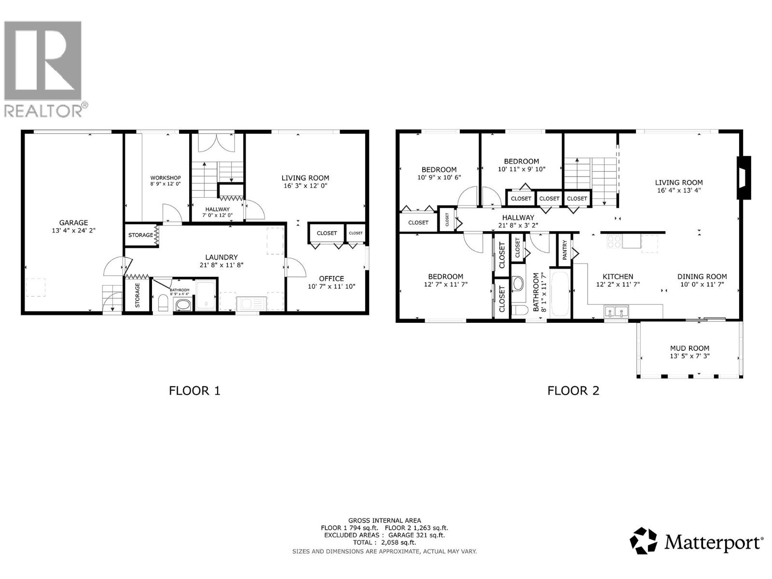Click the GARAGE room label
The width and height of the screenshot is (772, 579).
click(73, 222)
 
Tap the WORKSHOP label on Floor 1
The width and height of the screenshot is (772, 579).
click(165, 178)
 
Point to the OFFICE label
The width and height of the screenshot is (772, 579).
click(331, 278)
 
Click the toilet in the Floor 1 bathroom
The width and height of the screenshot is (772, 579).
click(163, 303)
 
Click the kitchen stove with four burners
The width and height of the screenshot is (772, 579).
click(614, 241)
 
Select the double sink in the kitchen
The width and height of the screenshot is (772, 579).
click(616, 311)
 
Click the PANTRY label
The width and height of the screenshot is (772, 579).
click(564, 250)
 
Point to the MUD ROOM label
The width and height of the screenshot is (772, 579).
click(689, 348)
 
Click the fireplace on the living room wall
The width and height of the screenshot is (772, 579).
click(744, 178)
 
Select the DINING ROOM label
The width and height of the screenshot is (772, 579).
click(702, 276)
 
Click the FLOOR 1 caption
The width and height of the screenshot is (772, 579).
click(194, 390)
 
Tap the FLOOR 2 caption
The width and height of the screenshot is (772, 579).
click(573, 390)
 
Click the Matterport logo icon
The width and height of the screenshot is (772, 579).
click(644, 541)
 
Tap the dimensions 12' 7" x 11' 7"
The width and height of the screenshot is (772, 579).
click(445, 284)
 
